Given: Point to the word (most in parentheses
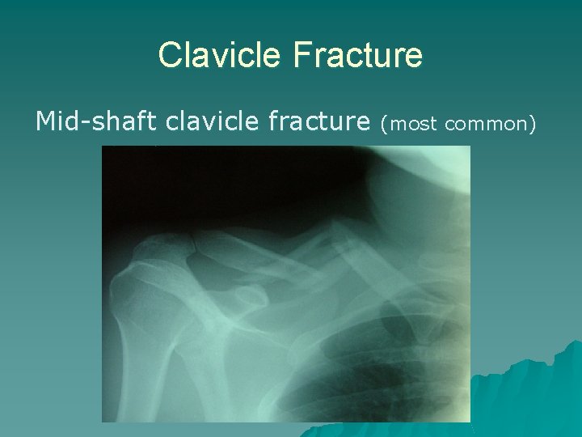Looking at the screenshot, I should click(x=410, y=123).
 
